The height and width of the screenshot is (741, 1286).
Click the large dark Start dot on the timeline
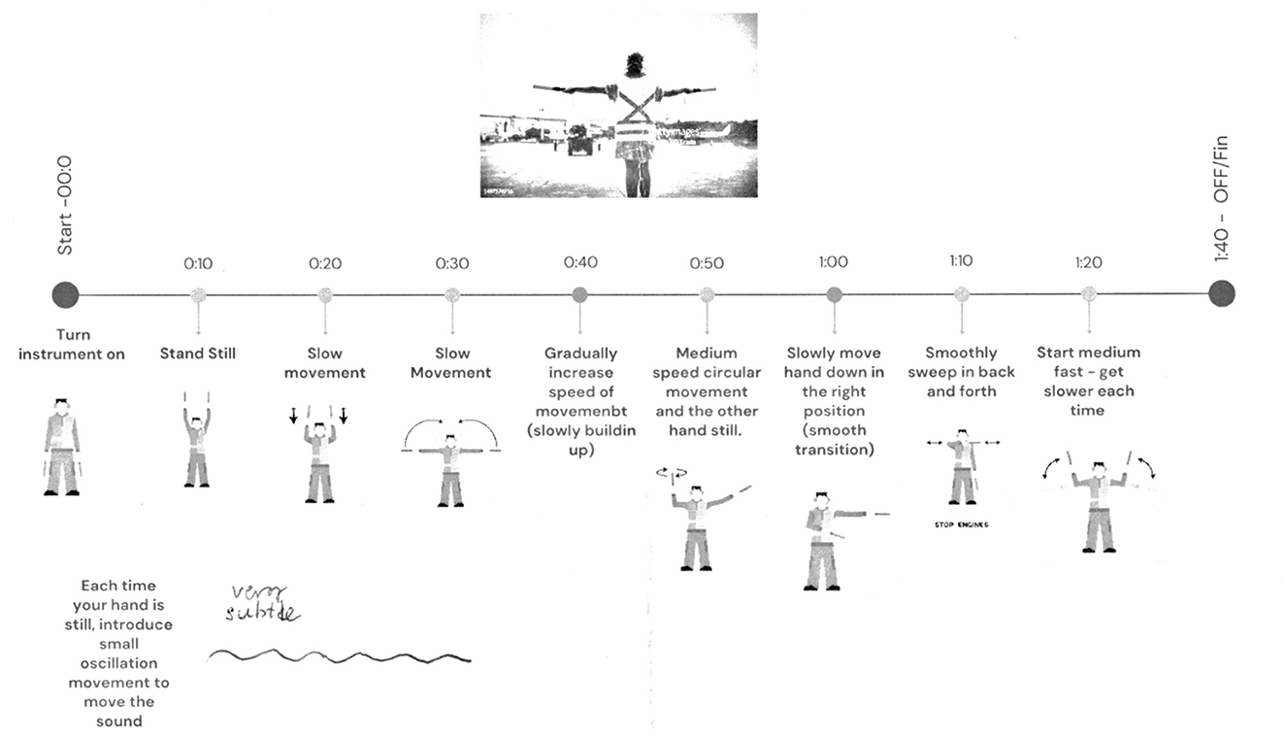[65, 293]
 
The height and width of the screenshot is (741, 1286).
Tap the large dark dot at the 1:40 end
[1221, 292]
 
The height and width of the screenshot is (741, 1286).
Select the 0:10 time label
[198, 263]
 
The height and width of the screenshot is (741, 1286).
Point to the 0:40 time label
[579, 263]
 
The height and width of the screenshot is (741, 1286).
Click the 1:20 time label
[1088, 262]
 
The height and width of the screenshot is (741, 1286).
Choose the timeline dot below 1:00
[834, 293]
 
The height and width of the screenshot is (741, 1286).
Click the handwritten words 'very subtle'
[261, 603]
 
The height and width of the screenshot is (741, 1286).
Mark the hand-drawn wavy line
[340, 657]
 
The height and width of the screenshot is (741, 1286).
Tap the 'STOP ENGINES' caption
[961, 525]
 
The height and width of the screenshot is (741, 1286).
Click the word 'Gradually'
[579, 354]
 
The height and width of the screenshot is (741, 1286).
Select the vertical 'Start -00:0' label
[65, 205]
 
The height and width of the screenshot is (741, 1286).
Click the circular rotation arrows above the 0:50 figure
[671, 473]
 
